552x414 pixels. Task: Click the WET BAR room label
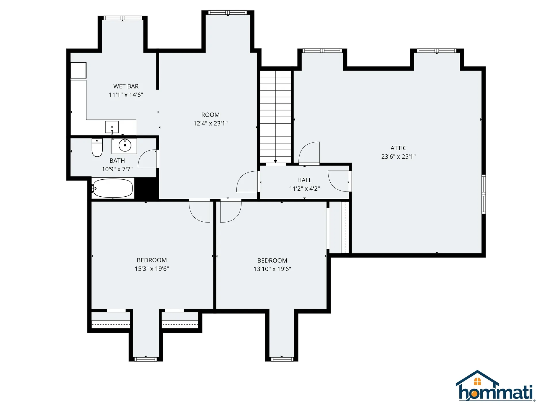pos(126,86)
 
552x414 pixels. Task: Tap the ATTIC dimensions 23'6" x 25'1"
pos(398,157)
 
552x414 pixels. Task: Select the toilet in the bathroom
pos(97,147)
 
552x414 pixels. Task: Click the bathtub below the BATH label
pos(112,188)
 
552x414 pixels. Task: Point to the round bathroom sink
pos(125,145)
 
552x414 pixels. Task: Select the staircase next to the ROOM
pos(275,116)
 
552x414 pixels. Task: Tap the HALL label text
pos(304,180)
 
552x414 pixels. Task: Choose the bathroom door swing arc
pos(147,159)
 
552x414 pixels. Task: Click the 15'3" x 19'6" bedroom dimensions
pos(152,269)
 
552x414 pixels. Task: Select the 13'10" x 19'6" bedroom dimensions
pos(272,269)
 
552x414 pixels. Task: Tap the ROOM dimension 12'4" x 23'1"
pos(210,123)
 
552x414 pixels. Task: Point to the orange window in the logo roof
pos(477,382)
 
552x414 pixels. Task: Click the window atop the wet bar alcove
pos(123,18)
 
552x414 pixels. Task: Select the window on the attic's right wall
pos(484,194)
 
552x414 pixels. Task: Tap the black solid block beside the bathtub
pos(146,188)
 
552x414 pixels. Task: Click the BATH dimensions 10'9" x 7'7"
pos(117,169)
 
